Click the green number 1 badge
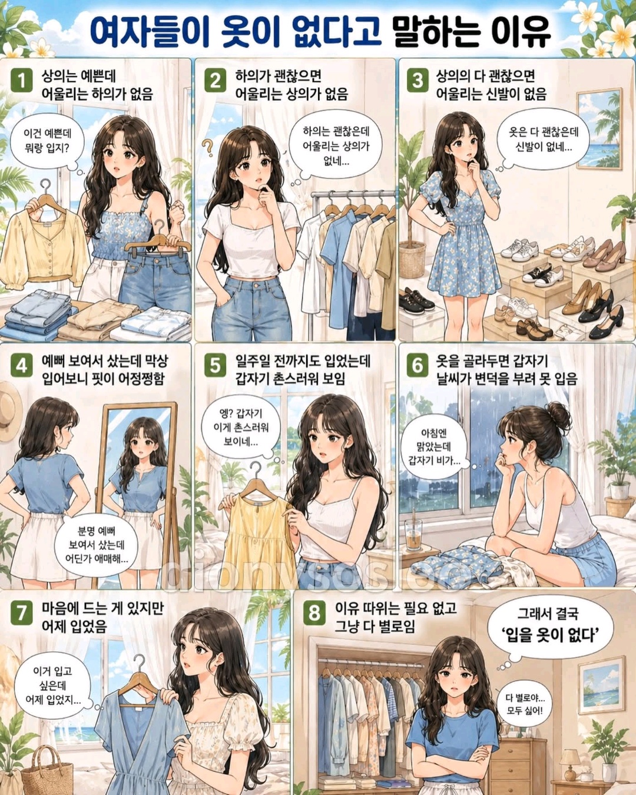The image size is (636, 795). [21, 80]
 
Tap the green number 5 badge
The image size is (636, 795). [215, 366]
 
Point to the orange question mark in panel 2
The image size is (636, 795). [208, 147]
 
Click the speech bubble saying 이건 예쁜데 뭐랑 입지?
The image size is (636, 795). [47, 143]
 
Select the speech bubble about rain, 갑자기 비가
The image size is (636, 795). [435, 448]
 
